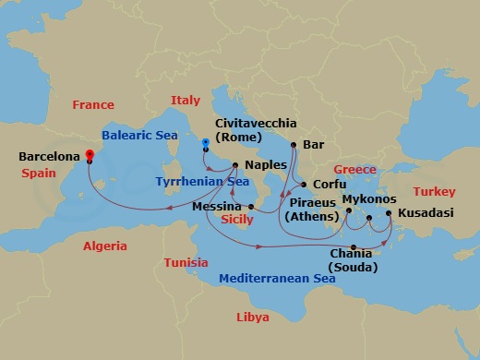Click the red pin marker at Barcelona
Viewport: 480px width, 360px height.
pos(89,155)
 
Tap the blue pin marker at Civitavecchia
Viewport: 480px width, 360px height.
pos(205,143)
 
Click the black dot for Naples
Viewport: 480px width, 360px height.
pos(236,166)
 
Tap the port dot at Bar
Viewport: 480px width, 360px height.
pos(293,145)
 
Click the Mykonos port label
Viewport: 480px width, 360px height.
pos(369,199)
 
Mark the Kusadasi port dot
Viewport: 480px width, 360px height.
pos(389,213)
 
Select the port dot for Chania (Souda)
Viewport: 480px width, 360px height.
pos(354,246)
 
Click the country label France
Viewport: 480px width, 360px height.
pos(93,105)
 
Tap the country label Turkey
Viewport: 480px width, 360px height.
pos(434,192)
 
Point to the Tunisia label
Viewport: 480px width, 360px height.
pos(186,263)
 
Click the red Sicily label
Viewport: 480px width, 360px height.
pos(237,220)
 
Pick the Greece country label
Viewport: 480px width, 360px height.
pos(355,170)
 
